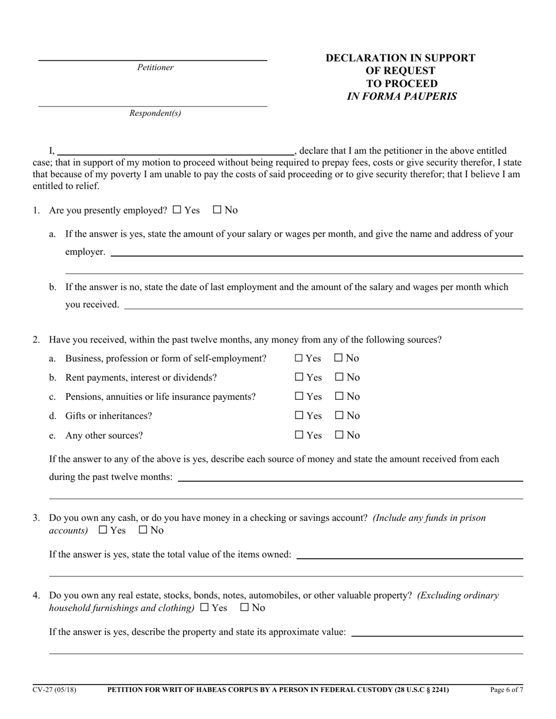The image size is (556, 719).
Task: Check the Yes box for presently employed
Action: (x=177, y=210)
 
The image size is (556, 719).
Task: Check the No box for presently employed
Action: (x=217, y=210)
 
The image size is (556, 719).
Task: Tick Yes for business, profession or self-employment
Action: (x=299, y=358)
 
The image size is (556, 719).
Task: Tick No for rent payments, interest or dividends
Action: (x=339, y=377)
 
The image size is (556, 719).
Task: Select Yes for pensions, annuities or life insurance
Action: (x=299, y=396)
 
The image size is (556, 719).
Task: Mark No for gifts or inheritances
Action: (x=339, y=416)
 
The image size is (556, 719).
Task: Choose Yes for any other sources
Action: (x=299, y=435)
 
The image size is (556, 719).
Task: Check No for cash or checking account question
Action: (x=143, y=530)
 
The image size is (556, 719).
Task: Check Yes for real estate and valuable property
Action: (x=204, y=607)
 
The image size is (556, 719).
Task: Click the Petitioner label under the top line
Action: (x=155, y=67)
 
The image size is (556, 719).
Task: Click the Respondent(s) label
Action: (x=155, y=113)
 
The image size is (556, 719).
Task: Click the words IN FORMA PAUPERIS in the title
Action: (x=401, y=96)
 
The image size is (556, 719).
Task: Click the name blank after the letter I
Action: (x=176, y=150)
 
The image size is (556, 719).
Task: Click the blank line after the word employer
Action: (x=316, y=252)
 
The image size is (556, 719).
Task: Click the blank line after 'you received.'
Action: (x=323, y=305)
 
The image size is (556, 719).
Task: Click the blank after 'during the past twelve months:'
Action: (x=350, y=477)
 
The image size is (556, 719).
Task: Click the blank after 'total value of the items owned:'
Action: (x=410, y=554)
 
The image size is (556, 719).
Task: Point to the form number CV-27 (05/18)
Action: (x=54, y=690)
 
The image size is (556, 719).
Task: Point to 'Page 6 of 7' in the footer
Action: (x=506, y=690)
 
